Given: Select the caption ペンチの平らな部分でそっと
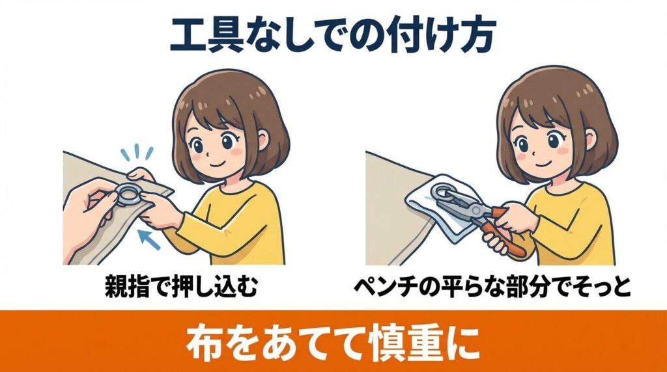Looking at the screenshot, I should coord(492,287).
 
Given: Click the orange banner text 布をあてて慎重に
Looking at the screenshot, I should coord(333,341).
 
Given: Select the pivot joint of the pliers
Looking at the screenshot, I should coord(475,209).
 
